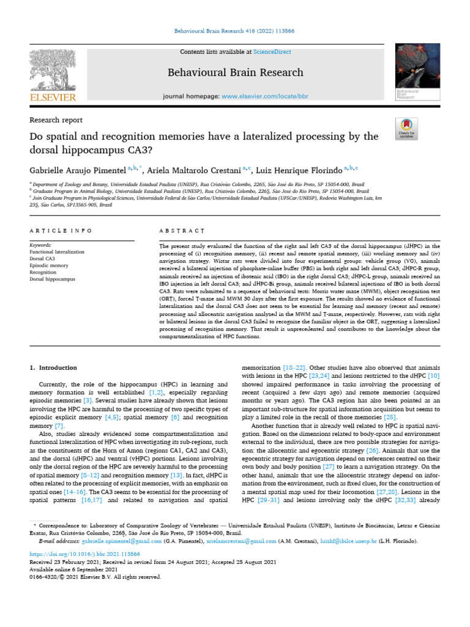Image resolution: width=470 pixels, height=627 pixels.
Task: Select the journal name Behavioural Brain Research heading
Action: pyautogui.click(x=235, y=72)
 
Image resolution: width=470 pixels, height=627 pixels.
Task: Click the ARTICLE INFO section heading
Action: pyautogui.click(x=61, y=230)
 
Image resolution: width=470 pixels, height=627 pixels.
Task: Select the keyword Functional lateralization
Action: pyautogui.click(x=57, y=252)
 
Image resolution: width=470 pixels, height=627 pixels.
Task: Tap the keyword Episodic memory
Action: pyautogui.click(x=49, y=265)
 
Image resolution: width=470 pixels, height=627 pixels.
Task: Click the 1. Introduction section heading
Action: pyautogui.click(x=54, y=367)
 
